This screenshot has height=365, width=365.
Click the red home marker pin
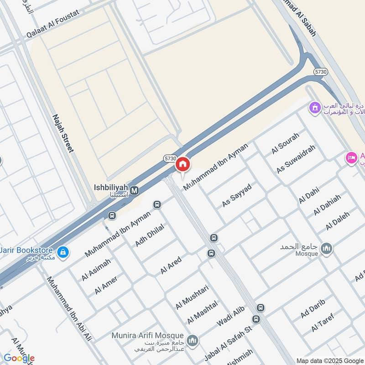pos(183,164)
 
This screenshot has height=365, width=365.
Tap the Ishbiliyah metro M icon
pos(134,190)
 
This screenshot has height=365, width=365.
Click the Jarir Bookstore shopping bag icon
pos(63,251)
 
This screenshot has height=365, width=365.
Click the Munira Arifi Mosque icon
pos(193,340)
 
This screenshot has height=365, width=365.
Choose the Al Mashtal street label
pos(202,312)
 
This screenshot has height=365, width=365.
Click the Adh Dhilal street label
pos(149,235)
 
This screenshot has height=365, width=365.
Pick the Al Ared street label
pos(171,266)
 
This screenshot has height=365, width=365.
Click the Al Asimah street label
pos(96,270)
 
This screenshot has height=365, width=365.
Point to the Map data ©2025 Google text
pos(329,360)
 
